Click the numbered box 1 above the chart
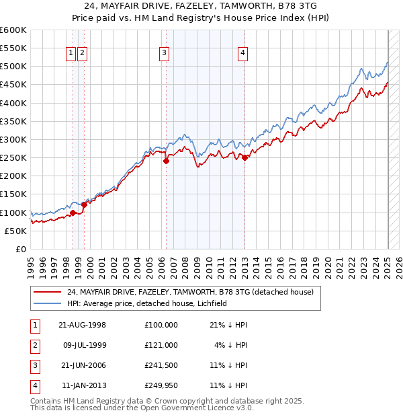click(71, 55)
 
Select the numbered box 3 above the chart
click(164, 55)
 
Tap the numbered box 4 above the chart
click(242, 55)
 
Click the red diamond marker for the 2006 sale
click(166, 161)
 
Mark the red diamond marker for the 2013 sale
click(244, 158)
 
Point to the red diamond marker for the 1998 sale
click(73, 213)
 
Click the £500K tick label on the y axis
click(13, 67)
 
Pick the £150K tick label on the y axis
click(13, 194)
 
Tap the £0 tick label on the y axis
click(20, 249)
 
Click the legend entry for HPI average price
click(147, 303)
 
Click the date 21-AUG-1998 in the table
click(83, 325)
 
